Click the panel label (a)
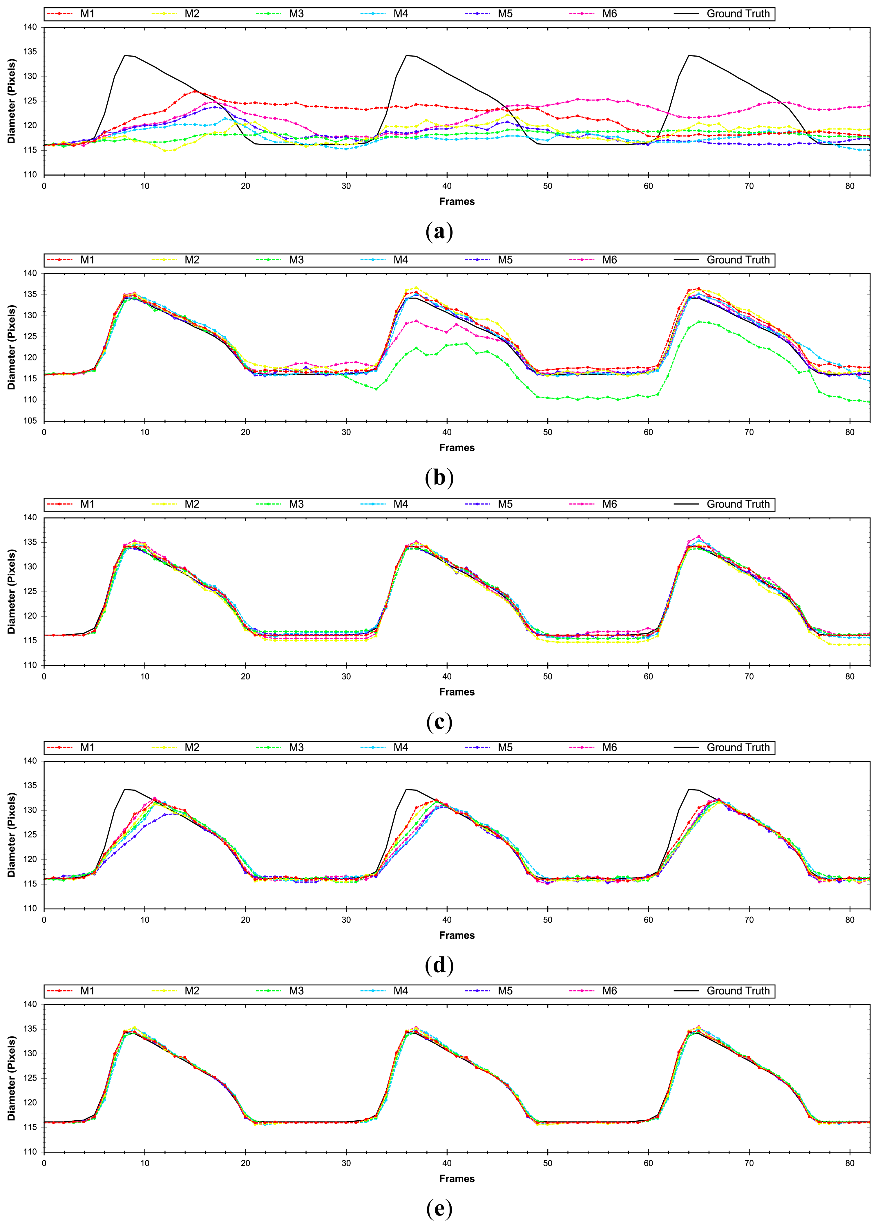(439, 232)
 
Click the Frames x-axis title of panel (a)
(457, 202)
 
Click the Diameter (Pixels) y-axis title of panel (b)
(12, 347)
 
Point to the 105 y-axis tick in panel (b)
(30, 421)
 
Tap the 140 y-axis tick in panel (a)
(30, 27)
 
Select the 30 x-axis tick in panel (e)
(346, 1163)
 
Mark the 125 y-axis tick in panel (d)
(30, 834)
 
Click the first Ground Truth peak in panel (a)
(125, 55)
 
